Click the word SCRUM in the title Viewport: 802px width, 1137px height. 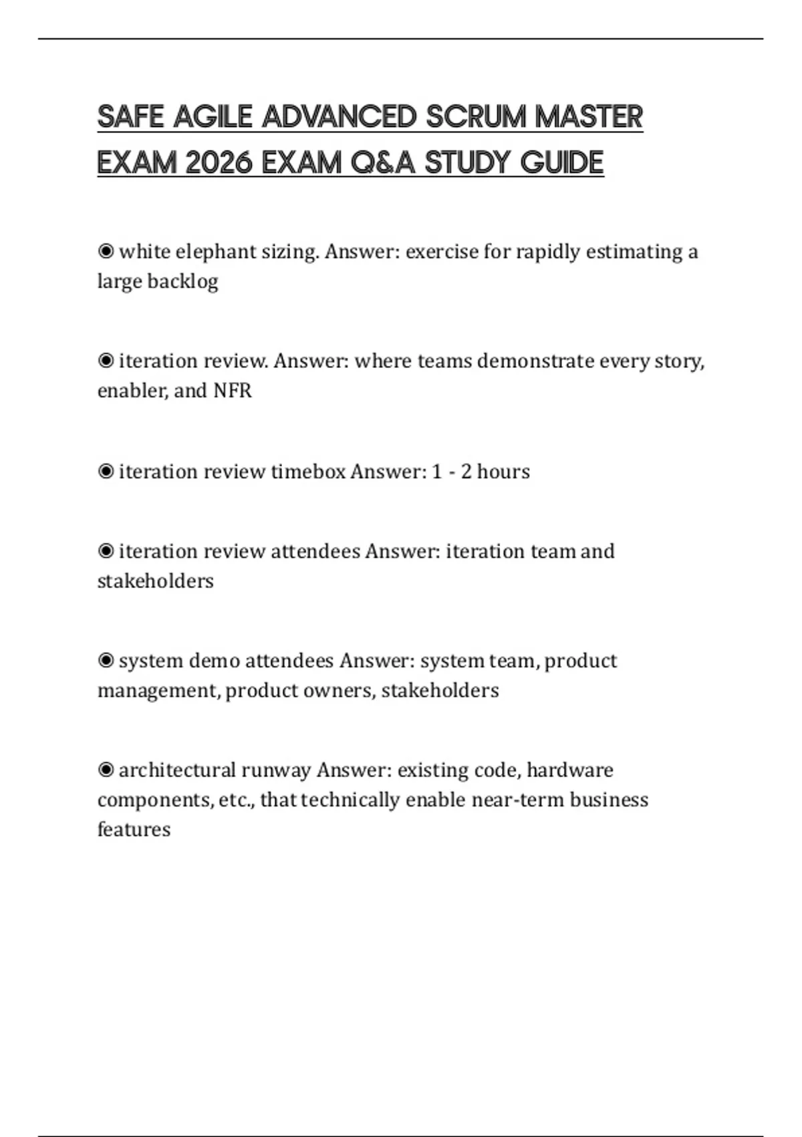click(475, 117)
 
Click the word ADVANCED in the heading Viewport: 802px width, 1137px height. click(339, 117)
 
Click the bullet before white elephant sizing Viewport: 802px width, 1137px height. click(106, 251)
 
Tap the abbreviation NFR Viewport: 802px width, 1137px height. click(232, 391)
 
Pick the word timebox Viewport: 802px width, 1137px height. click(308, 472)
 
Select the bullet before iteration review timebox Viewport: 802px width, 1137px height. click(106, 472)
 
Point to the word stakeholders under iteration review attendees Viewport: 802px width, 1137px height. click(156, 581)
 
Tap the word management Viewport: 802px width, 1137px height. click(158, 690)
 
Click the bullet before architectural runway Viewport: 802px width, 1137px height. click(106, 770)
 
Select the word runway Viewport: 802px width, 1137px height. click(275, 770)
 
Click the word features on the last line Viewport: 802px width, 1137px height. click(134, 829)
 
